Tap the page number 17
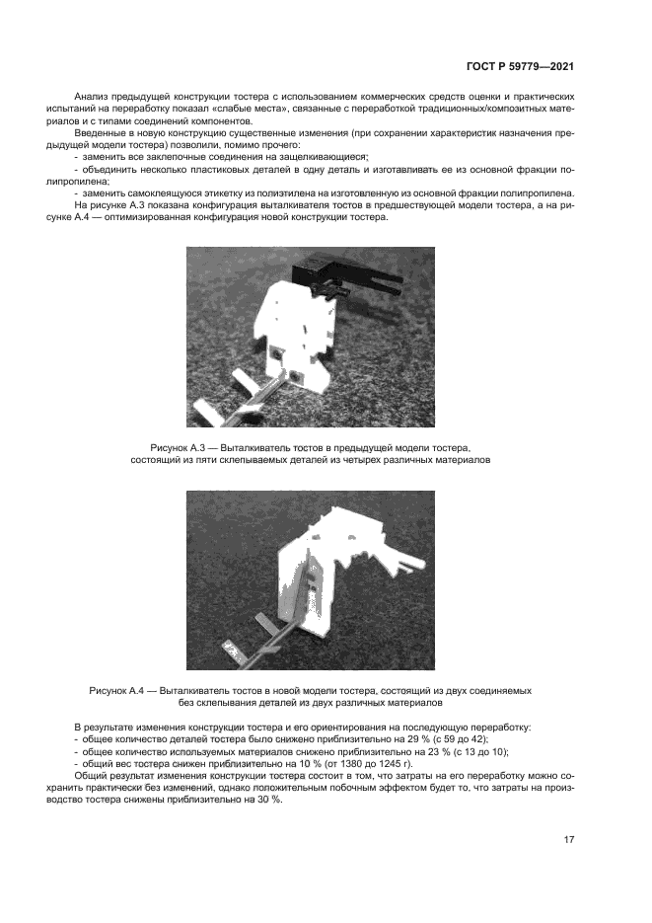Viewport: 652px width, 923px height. tap(568, 839)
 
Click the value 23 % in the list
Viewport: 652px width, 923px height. tap(406, 751)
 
